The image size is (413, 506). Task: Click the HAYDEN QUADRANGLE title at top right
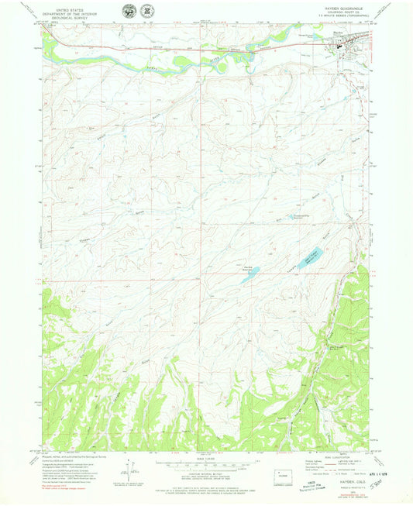(x=348, y=8)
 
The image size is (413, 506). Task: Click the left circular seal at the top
(x=129, y=11)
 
